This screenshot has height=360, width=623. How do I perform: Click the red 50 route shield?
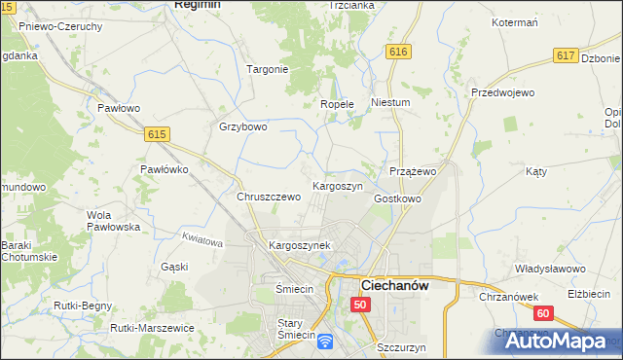[361, 305]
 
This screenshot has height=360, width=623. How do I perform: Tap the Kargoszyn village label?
[337, 185]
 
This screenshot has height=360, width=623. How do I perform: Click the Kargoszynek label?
[300, 246]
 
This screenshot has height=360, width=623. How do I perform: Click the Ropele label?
[337, 104]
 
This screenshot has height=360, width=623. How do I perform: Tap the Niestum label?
[390, 101]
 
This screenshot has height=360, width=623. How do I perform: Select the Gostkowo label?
[397, 198]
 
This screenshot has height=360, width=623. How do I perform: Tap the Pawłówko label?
[164, 168]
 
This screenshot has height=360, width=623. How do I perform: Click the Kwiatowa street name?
[202, 239]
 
